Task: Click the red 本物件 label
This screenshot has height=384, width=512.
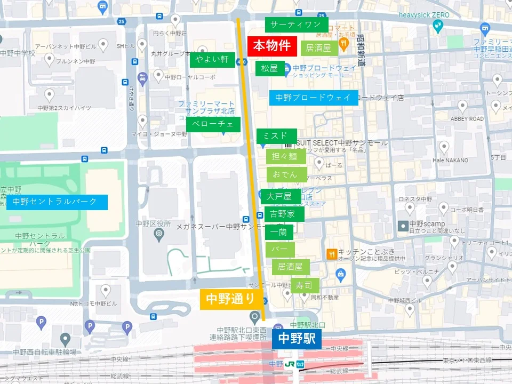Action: pos(272,46)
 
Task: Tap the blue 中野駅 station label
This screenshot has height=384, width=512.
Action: pos(297,339)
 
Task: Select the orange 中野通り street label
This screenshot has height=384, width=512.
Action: pos(231,299)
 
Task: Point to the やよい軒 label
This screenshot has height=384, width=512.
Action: pos(212,59)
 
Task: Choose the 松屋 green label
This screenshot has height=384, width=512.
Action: pos(269,68)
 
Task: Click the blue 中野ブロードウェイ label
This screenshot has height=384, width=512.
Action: pos(313,98)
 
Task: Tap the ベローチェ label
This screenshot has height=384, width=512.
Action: pos(213,124)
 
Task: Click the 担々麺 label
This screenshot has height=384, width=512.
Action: pos(285,156)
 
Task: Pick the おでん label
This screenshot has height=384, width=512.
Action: pos(285,174)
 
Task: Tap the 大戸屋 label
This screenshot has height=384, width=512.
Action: pos(279,196)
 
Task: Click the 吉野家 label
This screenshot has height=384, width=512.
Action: pos(284,214)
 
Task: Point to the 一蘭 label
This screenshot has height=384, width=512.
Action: pos(279,232)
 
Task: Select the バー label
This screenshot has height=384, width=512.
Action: pos(279,249)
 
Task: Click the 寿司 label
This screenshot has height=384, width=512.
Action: pos(304,285)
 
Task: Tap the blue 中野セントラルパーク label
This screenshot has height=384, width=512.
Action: pos(57,202)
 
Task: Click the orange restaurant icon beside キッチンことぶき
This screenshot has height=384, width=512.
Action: pos(332,254)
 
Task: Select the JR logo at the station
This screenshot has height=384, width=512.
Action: pos(290,364)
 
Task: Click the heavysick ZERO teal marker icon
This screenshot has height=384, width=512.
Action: pos(438,26)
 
